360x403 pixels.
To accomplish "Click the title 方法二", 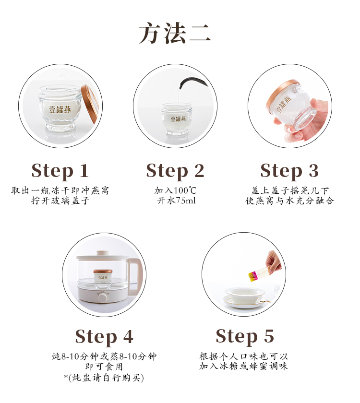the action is coord(175,33).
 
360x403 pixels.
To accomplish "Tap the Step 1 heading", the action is coord(60,171).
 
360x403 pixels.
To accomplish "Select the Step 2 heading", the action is coord(175,171).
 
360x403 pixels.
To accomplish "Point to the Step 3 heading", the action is coord(289,171).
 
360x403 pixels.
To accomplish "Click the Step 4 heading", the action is coord(104,337).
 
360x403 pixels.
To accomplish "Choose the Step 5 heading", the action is coord(245,336).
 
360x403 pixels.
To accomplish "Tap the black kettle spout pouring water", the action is coord(193,83).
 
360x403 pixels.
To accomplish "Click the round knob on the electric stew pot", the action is coord(103,298).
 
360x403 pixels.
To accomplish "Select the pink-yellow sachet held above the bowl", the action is coord(260,274).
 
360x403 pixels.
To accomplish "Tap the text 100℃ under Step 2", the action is coord(185,190).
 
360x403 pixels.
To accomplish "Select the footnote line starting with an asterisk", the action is coord(104,378).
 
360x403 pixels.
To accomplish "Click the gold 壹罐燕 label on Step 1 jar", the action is coord(60,109).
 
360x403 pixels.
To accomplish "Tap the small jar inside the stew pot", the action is coord(103,278).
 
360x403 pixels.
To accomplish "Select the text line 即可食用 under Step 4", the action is coord(104,367).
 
